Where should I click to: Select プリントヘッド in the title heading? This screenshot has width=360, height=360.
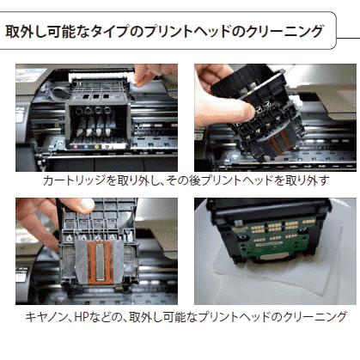click(x=192, y=33)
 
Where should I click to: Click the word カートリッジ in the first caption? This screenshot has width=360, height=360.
click(x=73, y=181)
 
